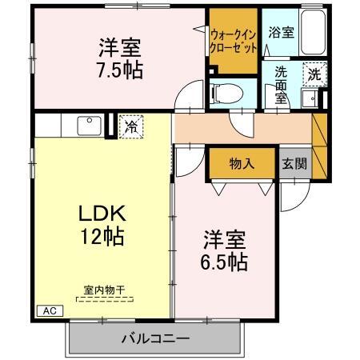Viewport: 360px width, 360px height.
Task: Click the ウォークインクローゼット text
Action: [x=234, y=41]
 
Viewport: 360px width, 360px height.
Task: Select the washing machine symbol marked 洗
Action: [x=315, y=73]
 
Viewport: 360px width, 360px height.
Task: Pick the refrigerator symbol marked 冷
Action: [x=130, y=126]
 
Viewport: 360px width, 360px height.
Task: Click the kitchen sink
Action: [x=88, y=126]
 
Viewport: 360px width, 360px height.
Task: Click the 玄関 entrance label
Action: [x=293, y=163]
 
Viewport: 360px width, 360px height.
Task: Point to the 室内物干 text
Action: [x=104, y=290]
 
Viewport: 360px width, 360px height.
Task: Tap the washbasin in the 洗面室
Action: [x=308, y=98]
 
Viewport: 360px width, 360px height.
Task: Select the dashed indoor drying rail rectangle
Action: [x=104, y=298]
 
